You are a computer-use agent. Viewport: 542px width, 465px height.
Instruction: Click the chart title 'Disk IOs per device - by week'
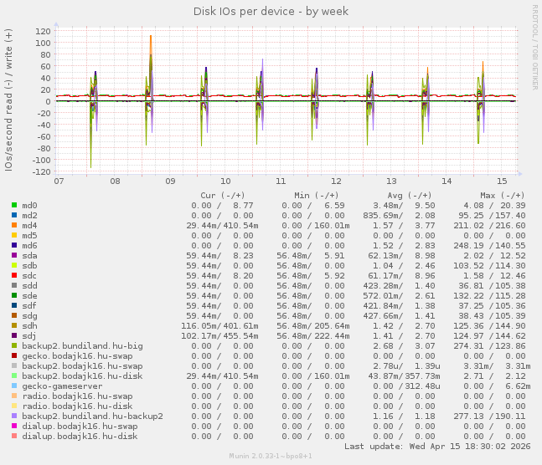click(271, 11)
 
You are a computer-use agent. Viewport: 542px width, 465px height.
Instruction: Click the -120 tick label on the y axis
click(39, 171)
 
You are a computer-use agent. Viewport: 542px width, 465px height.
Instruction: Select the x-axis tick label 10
click(225, 181)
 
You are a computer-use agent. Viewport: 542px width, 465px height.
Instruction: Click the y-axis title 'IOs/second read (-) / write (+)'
click(9, 100)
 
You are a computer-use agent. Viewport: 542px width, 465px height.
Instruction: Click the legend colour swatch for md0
click(14, 205)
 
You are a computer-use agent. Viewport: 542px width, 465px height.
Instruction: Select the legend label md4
click(29, 225)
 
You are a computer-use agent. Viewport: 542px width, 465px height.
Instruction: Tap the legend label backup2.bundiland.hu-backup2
click(92, 416)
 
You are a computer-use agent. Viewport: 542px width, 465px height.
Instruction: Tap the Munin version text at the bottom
click(271, 456)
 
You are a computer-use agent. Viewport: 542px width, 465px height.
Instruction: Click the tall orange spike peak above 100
click(151, 37)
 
